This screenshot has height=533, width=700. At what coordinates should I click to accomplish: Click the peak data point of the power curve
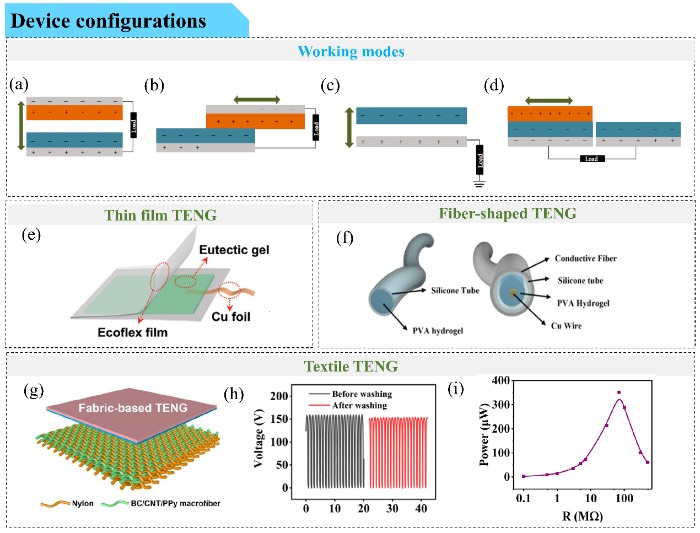point(619,393)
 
